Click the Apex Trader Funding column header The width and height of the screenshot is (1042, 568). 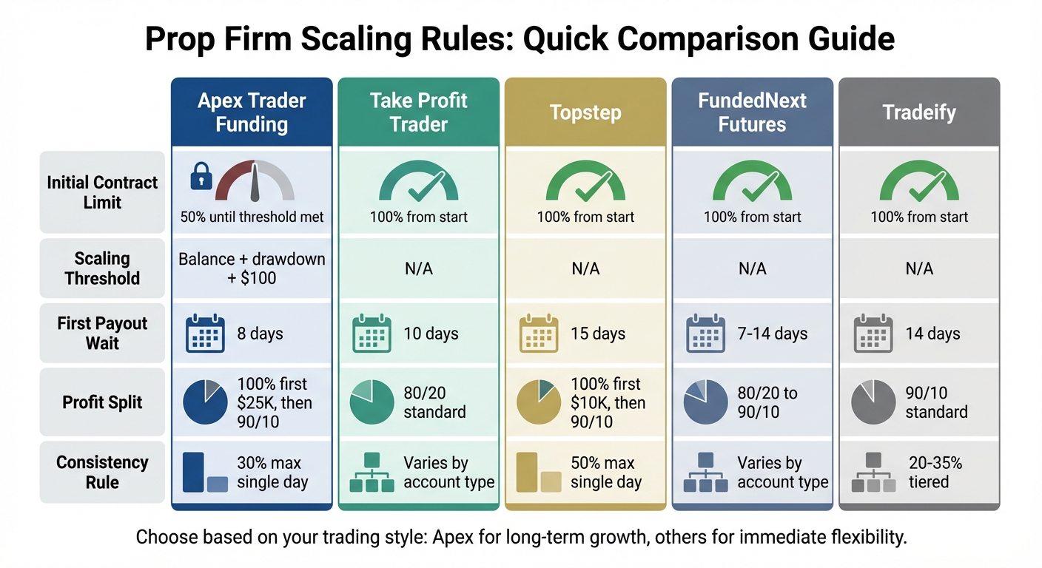[252, 112]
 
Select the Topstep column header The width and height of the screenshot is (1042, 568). [585, 112]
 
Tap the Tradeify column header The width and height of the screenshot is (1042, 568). [919, 112]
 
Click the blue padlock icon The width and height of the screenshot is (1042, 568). [201, 177]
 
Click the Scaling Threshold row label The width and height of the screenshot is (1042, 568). [102, 268]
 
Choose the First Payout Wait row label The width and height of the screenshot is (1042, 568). [102, 333]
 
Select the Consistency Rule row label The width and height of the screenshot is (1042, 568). [102, 472]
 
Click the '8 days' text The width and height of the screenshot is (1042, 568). [260, 334]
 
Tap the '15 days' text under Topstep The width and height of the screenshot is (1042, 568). [598, 334]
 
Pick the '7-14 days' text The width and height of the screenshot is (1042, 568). [773, 334]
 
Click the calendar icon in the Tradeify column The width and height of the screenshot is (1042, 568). [873, 334]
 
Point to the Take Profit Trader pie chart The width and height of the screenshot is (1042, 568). [372, 402]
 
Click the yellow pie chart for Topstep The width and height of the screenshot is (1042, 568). [539, 402]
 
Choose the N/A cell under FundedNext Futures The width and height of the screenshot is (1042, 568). [752, 269]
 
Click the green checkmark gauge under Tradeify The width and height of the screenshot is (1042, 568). [919, 182]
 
